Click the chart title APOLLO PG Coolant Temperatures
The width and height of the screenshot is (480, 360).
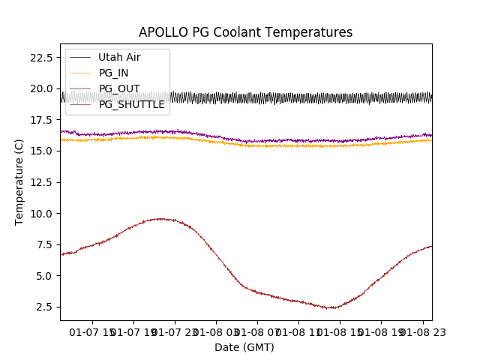[x=245, y=33]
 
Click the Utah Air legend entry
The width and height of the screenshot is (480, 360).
[x=119, y=57]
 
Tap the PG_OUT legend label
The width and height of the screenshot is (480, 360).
[x=119, y=88]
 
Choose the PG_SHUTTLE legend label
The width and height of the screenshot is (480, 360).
[x=131, y=104]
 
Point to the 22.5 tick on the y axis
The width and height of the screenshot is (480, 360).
[x=40, y=58]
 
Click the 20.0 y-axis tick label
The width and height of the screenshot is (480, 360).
[x=40, y=88]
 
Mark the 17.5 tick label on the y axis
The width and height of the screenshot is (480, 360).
[x=40, y=120]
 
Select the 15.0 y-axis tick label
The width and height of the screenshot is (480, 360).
[x=40, y=151]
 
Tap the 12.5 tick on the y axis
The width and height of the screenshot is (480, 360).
[x=40, y=182]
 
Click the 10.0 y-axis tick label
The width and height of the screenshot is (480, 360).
[x=40, y=214]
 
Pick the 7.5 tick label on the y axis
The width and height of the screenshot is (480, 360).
[x=43, y=244]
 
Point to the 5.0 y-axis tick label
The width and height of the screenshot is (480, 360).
[x=43, y=276]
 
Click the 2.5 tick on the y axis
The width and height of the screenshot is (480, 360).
[x=43, y=307]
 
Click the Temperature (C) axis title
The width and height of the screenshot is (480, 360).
[x=19, y=182]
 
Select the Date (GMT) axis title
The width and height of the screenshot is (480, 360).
[x=244, y=347]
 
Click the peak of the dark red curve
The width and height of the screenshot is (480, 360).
[x=159, y=218]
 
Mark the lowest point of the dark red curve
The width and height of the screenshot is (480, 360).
[x=330, y=308]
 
